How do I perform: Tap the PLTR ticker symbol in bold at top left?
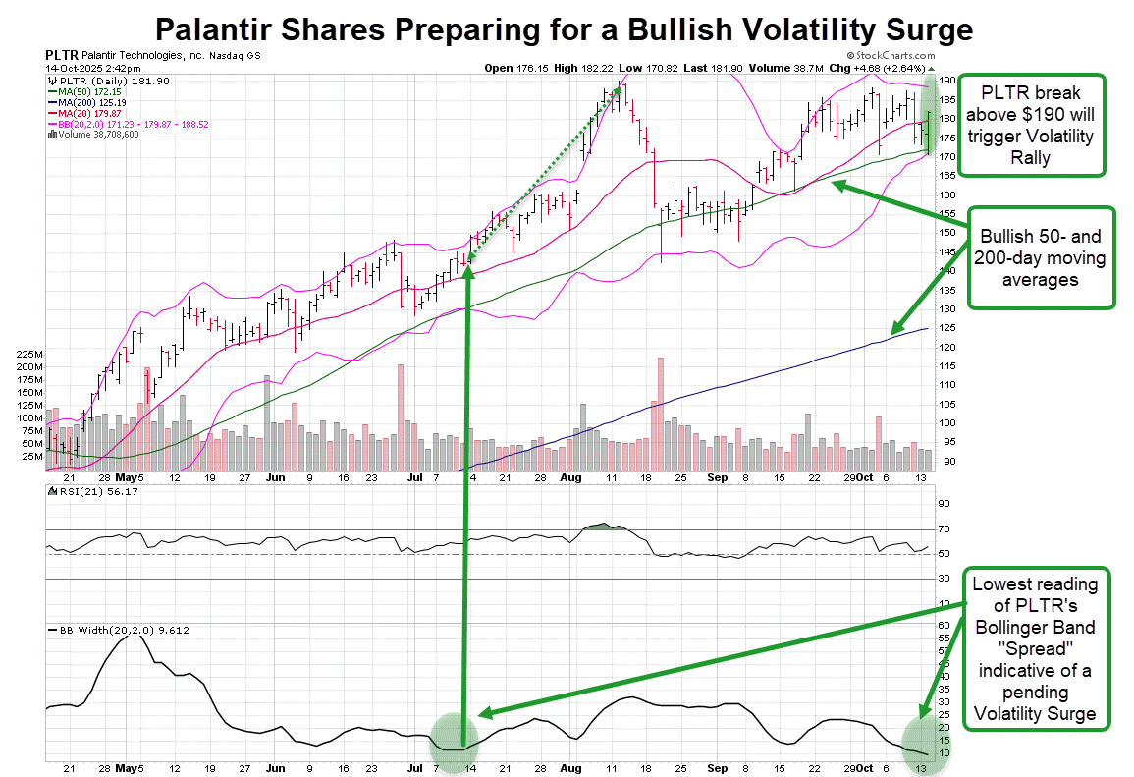tap(61, 55)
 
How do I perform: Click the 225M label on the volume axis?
tap(27, 354)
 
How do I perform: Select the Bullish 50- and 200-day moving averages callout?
tap(1042, 258)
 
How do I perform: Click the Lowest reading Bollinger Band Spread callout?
tap(1037, 648)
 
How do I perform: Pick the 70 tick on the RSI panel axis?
tap(943, 529)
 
